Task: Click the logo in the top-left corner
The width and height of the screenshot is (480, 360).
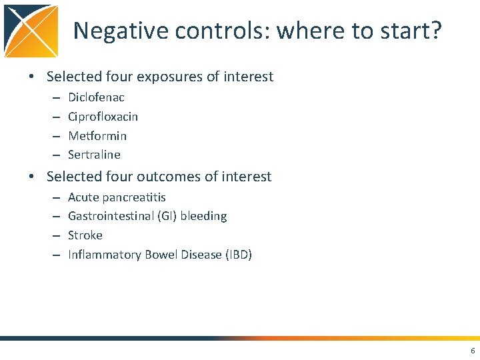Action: pyautogui.click(x=31, y=31)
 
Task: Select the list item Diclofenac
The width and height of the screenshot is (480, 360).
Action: pyautogui.click(x=96, y=97)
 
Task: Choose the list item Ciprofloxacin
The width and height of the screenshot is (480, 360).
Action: pyautogui.click(x=103, y=117)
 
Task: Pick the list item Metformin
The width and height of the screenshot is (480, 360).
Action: pyautogui.click(x=97, y=136)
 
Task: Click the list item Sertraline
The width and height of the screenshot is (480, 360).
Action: pyautogui.click(x=94, y=155)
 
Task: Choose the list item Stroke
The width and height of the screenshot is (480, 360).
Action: pyautogui.click(x=85, y=235)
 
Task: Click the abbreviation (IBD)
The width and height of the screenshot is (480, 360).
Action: pyautogui.click(x=238, y=255)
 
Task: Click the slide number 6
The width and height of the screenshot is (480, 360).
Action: pyautogui.click(x=473, y=351)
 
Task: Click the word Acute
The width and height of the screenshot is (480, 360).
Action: pyautogui.click(x=83, y=197)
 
